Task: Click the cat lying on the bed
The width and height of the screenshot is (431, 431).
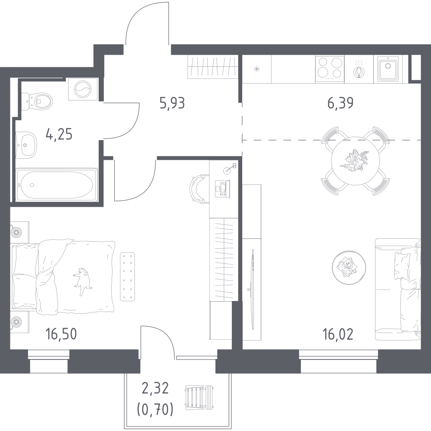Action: (82, 281)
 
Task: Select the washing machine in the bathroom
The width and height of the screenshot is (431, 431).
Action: (83, 89)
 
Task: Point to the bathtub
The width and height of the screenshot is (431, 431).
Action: (57, 185)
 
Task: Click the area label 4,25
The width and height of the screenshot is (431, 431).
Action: (59, 134)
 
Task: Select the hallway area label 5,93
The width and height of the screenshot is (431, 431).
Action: (172, 103)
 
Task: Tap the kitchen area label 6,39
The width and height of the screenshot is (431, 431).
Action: (340, 103)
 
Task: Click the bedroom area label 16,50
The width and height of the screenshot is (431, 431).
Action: (61, 334)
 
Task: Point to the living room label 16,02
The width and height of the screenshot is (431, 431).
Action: (338, 334)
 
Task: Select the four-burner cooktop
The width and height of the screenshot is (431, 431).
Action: (330, 69)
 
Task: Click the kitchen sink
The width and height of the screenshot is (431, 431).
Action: (387, 69)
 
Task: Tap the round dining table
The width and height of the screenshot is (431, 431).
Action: (356, 161)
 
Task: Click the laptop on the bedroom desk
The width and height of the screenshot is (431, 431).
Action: (222, 189)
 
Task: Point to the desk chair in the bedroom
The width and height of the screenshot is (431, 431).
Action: (198, 189)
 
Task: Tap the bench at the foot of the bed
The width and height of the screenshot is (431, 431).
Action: (128, 276)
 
